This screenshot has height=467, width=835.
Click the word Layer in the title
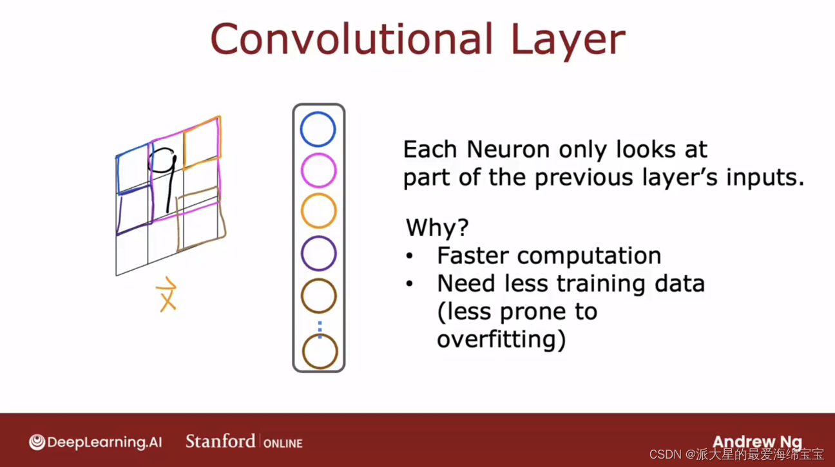pos(568,41)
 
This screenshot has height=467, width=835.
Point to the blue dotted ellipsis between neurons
pos(320,329)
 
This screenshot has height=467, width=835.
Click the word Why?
pos(437,227)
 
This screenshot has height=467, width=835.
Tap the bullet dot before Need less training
pos(410,284)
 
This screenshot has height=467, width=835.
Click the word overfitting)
pos(501,339)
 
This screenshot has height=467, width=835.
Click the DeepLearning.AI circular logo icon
pos(37,442)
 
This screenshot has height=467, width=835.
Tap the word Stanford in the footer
pos(220,441)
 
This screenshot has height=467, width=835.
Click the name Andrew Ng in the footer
pos(757,442)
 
